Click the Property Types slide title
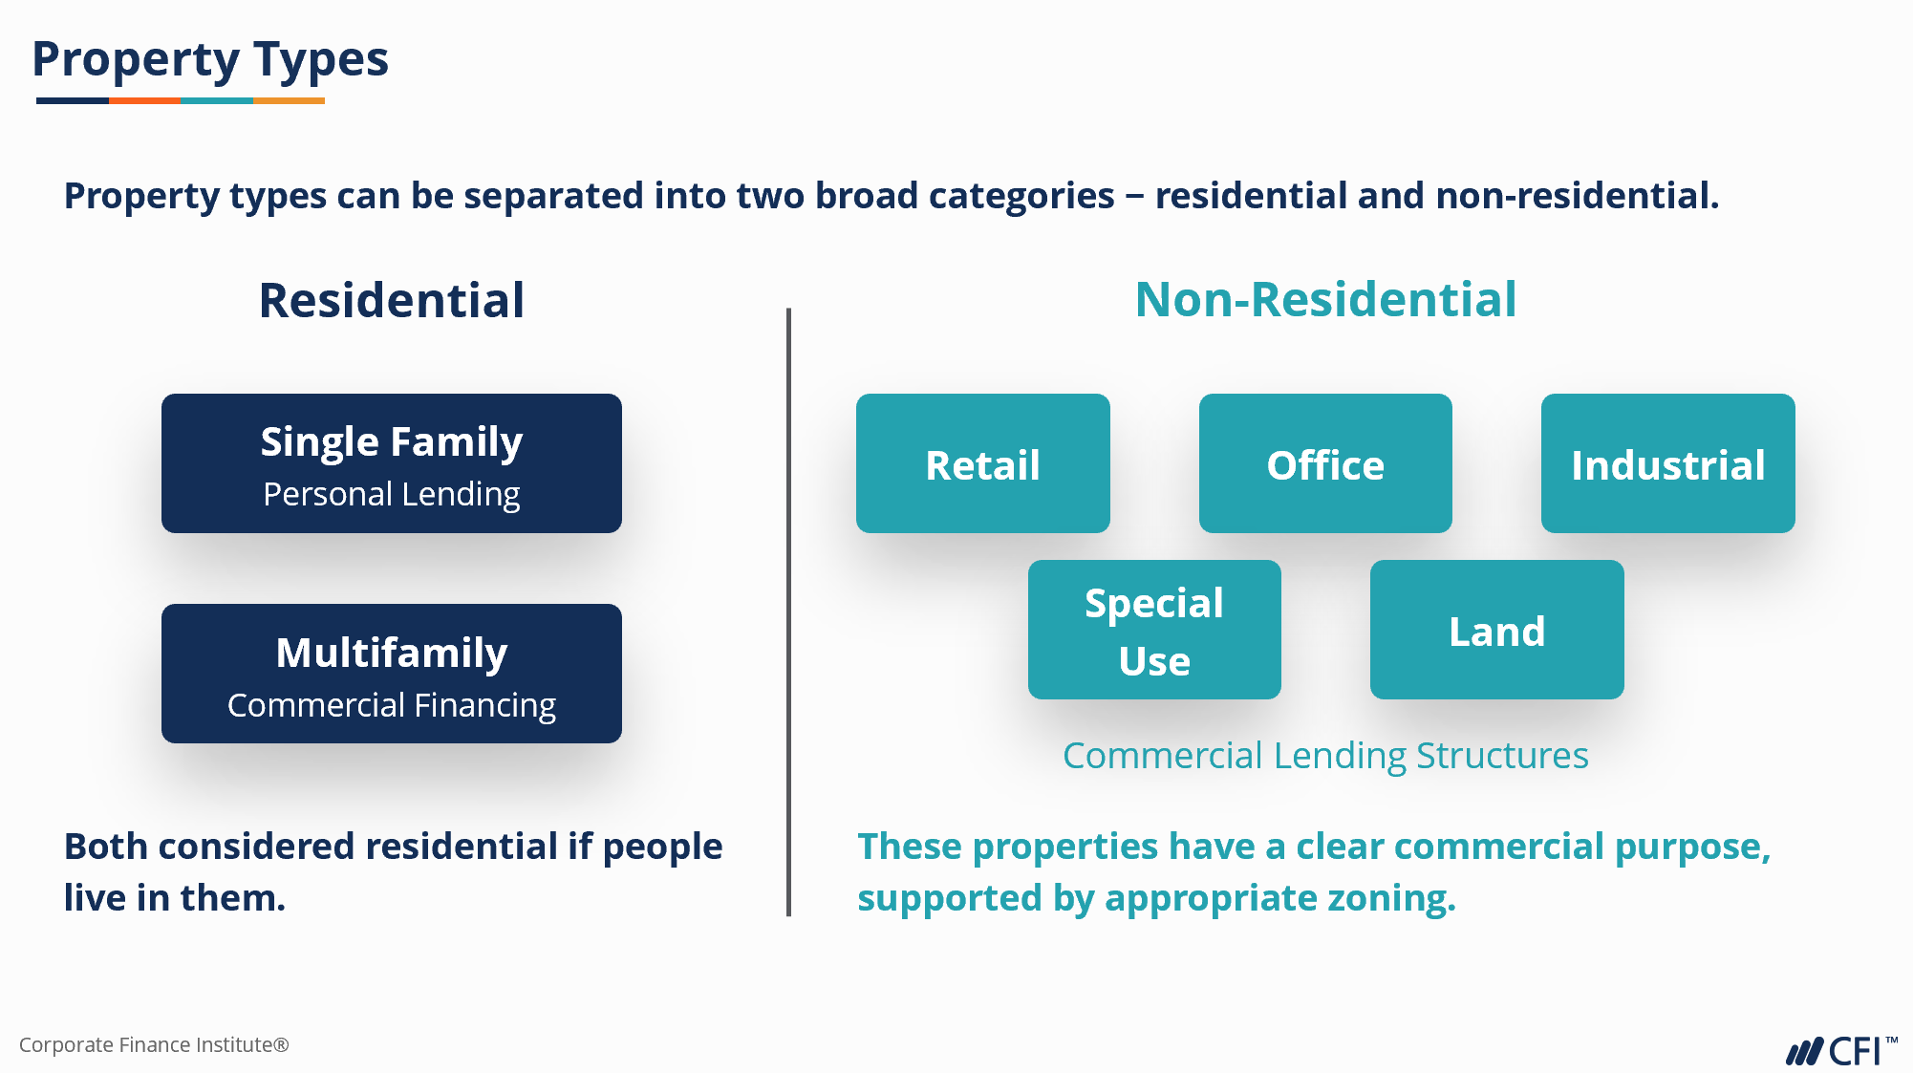210,59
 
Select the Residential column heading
392,300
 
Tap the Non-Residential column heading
1325,299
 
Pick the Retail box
982,464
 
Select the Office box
1325,464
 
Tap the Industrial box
1667,464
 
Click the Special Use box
1154,631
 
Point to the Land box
1496,631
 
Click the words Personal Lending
392,495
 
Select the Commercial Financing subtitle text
392,706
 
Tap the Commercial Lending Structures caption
1325,756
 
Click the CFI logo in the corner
1840,1050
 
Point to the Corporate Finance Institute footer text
154,1044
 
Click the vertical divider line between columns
788,612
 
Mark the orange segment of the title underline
144,100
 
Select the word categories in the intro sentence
1021,196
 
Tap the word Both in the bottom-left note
105,847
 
